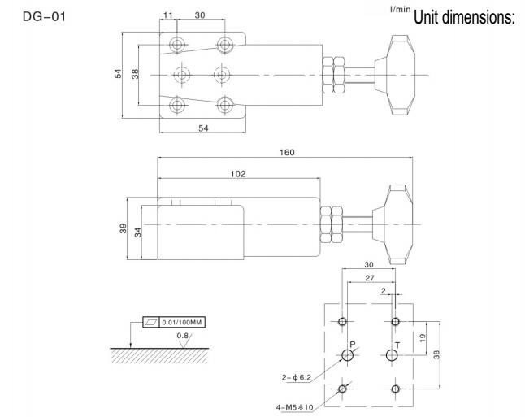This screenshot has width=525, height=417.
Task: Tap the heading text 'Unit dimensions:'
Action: click(465, 16)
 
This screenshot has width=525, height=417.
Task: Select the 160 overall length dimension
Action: click(286, 152)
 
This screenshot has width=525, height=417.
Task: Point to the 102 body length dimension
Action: click(237, 173)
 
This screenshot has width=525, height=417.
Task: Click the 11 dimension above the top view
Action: click(167, 15)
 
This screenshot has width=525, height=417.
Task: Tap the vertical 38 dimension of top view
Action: click(135, 73)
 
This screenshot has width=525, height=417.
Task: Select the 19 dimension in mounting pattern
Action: click(421, 337)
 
